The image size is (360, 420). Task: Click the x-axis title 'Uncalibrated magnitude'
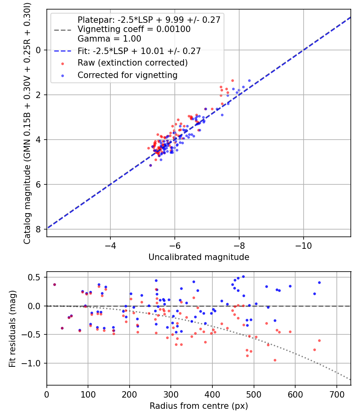[199, 257]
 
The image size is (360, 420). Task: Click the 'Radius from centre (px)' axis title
[199, 406]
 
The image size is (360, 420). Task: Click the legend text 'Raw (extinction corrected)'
[132, 63]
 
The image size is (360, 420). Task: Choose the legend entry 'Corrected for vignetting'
[128, 75]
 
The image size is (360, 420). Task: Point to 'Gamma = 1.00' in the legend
[109, 39]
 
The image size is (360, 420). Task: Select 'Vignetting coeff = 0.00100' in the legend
[134, 29]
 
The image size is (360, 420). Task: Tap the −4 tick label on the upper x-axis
[110, 245]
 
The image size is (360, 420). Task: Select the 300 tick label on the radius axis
[171, 394]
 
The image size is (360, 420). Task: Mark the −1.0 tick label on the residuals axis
[34, 363]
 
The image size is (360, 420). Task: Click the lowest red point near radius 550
[275, 360]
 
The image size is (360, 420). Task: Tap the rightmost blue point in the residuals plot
[319, 282]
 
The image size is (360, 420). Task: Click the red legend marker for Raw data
[62, 63]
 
